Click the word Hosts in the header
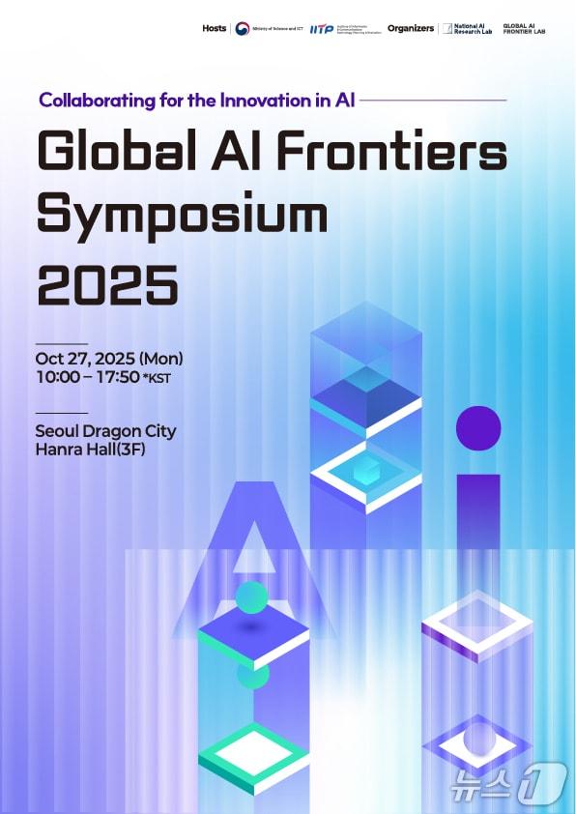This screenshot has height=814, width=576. tap(214, 28)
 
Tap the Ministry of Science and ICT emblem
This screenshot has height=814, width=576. tap(242, 29)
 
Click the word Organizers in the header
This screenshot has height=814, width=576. tap(411, 28)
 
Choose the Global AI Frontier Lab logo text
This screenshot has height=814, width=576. tap(525, 29)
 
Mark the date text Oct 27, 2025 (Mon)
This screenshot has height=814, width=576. tap(108, 359)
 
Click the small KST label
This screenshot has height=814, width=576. tap(157, 378)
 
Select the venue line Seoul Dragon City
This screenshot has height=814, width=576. tap(105, 431)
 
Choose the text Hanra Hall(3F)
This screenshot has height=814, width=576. tap(90, 450)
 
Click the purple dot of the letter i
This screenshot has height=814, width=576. tap(478, 428)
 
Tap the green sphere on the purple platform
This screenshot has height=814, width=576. tap(251, 597)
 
